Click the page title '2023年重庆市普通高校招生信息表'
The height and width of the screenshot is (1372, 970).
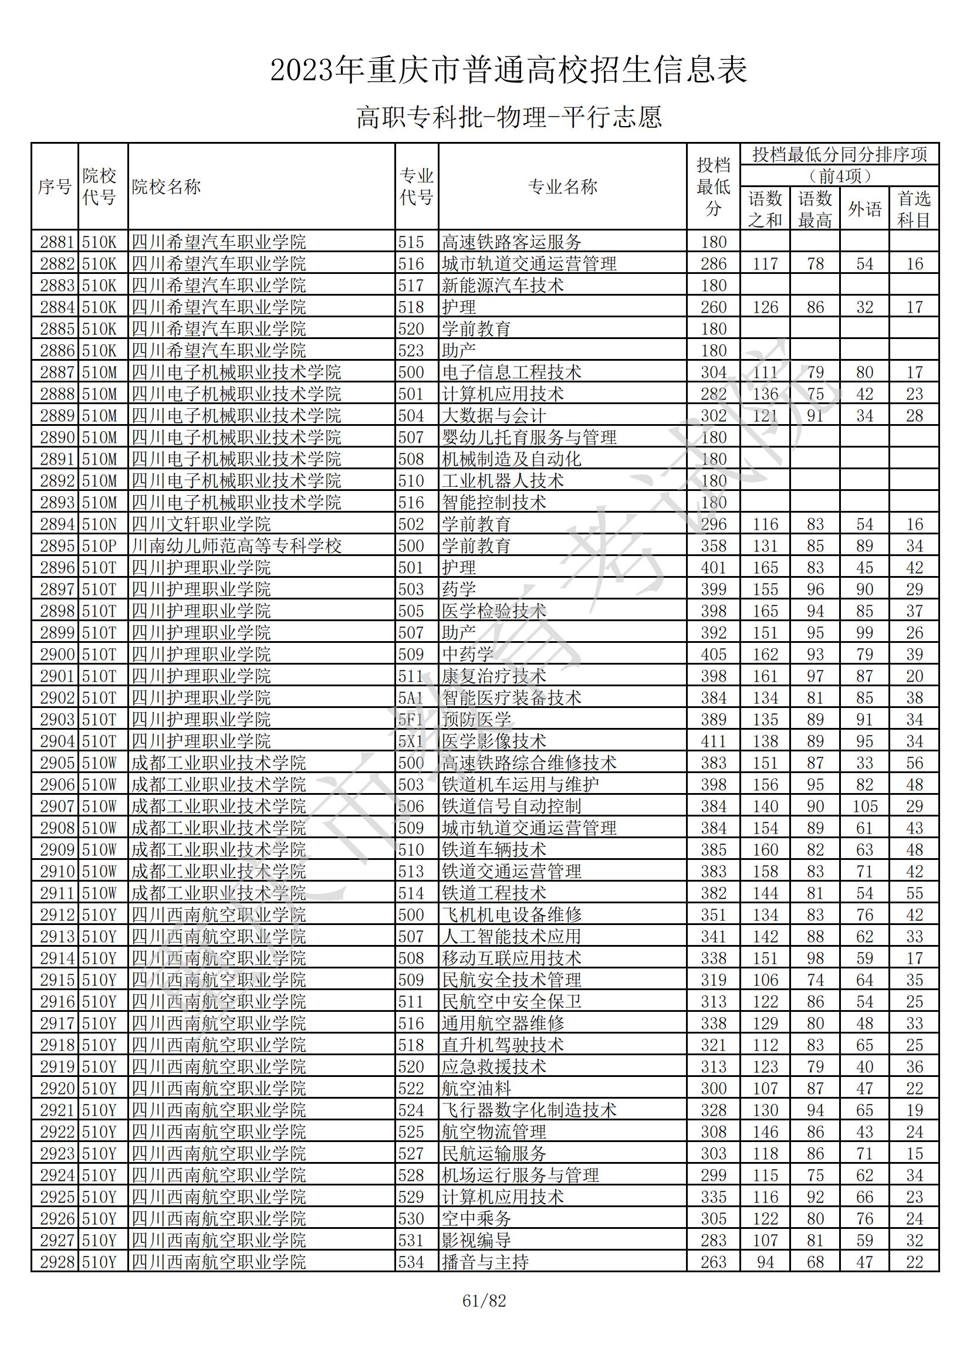tap(509, 70)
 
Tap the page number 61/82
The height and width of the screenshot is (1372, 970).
tap(484, 1301)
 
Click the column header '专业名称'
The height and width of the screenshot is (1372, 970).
tap(562, 187)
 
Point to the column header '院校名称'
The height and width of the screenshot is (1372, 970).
tap(166, 187)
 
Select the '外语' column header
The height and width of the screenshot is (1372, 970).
tap(864, 209)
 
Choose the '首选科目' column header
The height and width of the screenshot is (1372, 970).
tap(914, 209)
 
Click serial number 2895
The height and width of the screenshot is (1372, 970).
tap(56, 546)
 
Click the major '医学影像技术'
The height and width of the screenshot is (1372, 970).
tap(494, 741)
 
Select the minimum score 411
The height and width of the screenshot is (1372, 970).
tap(713, 741)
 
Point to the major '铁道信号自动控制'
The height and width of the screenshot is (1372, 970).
tap(511, 807)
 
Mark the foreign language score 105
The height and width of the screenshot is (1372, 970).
tap(864, 807)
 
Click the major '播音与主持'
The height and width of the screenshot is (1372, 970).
tap(485, 1262)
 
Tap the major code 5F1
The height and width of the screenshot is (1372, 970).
tap(411, 720)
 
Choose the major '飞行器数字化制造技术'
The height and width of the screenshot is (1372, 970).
tap(529, 1110)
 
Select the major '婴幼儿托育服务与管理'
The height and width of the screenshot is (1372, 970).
tap(529, 438)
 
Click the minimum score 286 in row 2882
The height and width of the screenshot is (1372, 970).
tap(713, 264)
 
